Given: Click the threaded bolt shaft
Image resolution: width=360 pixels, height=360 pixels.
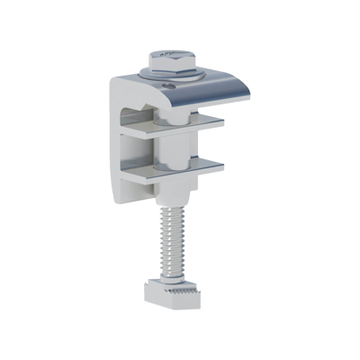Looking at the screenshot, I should click(x=170, y=238).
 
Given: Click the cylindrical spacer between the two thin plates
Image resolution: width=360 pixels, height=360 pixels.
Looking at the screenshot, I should click(x=171, y=151).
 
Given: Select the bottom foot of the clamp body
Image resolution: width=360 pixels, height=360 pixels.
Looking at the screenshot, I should click(x=135, y=200).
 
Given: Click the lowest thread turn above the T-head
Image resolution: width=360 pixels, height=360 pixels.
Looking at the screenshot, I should click(x=170, y=270).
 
